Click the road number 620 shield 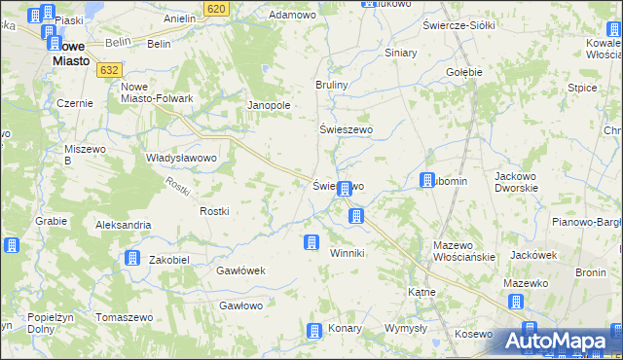[x=217, y=8]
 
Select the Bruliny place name [x=332, y=86]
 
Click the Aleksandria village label [x=123, y=225]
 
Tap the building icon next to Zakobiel [x=131, y=258]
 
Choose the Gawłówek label [x=241, y=270]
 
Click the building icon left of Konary [x=313, y=331]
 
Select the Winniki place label [x=347, y=253]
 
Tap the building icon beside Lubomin [x=426, y=180]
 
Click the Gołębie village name [x=464, y=72]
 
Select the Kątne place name [x=421, y=291]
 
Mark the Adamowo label [x=293, y=16]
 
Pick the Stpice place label [x=582, y=88]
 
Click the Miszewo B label [x=82, y=154]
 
